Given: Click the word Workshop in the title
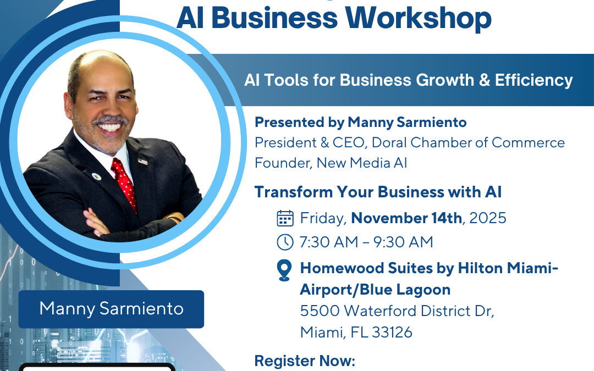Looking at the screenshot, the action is tap(418, 18).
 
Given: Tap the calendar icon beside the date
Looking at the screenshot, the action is tap(285, 218).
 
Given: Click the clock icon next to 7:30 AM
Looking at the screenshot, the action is tap(285, 242).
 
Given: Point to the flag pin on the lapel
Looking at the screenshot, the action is tap(143, 161).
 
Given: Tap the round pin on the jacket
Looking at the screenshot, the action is tap(97, 176).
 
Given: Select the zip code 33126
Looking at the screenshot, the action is tap(392, 333).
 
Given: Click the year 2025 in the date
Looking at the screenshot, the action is tap(487, 218).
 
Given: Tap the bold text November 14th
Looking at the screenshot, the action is tap(406, 218).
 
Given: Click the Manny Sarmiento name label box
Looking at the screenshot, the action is tap(111, 309).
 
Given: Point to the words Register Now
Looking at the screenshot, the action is tap(305, 361).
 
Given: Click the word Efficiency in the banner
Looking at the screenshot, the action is tap(533, 80).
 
